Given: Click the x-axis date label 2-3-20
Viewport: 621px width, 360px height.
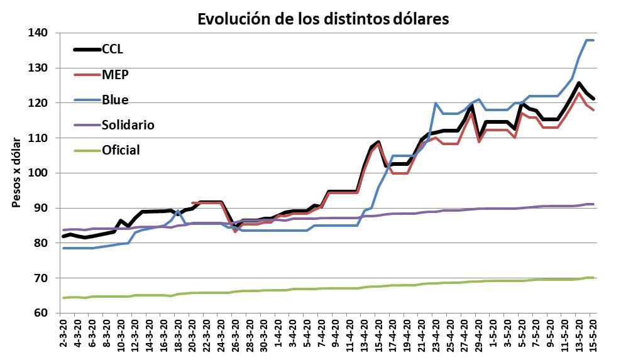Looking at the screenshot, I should pyautogui.click(x=63, y=336).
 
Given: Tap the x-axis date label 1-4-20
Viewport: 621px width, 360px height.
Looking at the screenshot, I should pyautogui.click(x=278, y=336).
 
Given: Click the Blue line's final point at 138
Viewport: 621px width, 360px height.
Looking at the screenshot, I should pyautogui.click(x=593, y=40).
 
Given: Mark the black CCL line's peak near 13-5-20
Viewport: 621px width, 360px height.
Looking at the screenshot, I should pyautogui.click(x=578, y=83).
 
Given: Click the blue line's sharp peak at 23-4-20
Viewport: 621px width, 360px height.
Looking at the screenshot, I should pyautogui.click(x=435, y=103).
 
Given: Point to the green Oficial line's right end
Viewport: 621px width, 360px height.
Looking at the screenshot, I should pyautogui.click(x=593, y=277).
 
